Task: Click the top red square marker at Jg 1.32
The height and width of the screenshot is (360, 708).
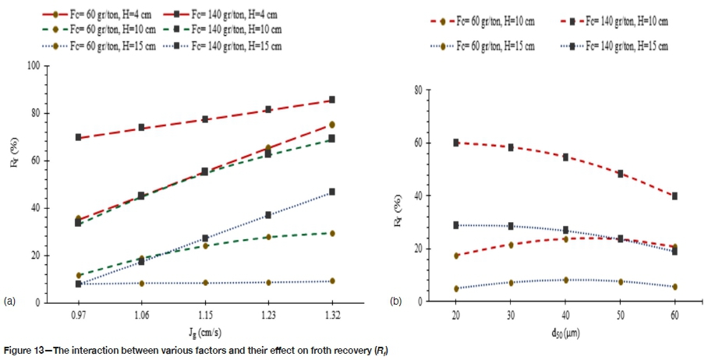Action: pyautogui.click(x=332, y=100)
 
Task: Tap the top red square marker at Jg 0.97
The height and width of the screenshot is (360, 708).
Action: pyautogui.click(x=79, y=137)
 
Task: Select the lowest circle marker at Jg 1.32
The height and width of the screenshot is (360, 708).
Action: pyautogui.click(x=332, y=281)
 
